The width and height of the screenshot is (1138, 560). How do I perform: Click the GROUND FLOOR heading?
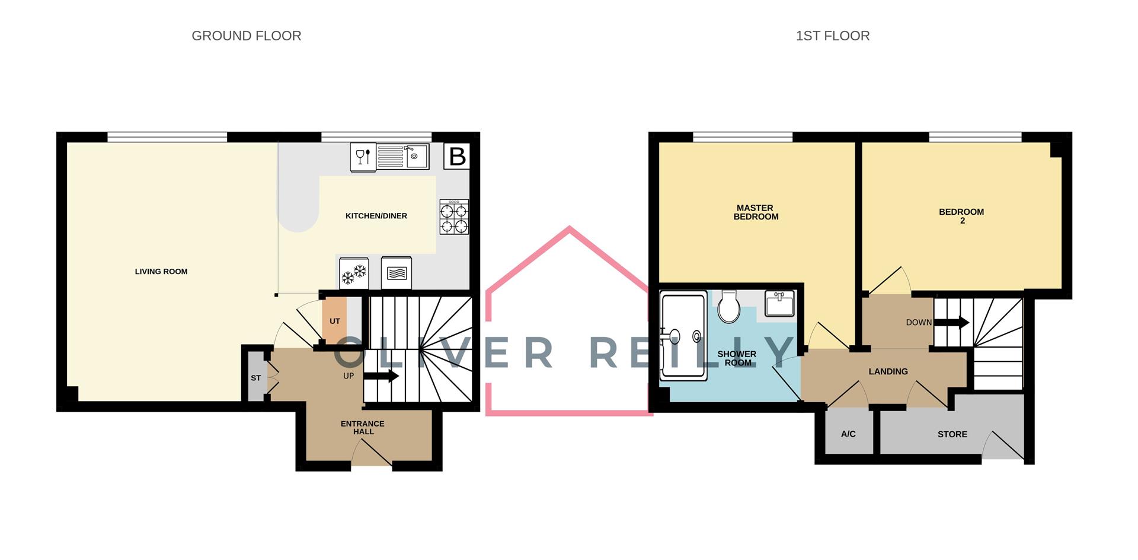pos(246,36)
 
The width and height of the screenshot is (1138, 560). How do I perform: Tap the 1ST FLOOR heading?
pos(832,36)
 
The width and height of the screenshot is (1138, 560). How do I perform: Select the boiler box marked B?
pos(457,156)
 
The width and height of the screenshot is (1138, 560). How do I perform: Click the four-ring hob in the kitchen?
pos(454,217)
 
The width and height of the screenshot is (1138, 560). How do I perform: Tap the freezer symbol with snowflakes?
pos(354,273)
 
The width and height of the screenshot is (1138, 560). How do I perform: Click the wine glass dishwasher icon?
pos(363,157)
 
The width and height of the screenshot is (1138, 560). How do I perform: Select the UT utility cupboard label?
pos(335,321)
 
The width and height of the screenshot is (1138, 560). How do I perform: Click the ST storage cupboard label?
pos(255,378)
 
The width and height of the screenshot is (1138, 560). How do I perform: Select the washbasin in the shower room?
pos(779,303)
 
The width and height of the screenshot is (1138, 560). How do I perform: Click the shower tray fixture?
pos(683,336)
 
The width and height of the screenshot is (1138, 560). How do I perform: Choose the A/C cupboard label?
pos(848,434)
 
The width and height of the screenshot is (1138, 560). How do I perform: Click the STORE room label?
pos(952,434)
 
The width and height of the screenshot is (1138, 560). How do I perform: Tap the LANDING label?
pos(888,371)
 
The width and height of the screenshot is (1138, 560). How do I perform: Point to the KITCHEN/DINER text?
pos(376,216)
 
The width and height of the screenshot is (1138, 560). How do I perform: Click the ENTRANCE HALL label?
pos(363,427)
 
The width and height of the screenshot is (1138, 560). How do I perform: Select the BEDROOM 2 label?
pos(961,216)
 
